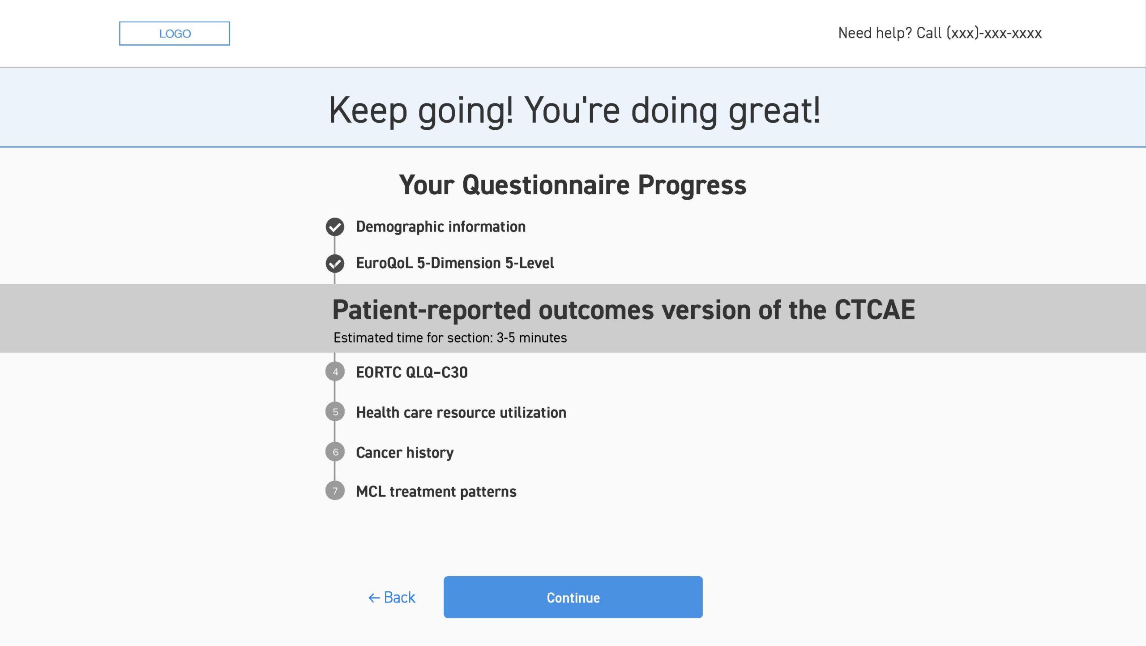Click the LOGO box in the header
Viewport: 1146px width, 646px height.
[x=174, y=34]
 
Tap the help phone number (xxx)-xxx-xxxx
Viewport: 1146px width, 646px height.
[x=994, y=33]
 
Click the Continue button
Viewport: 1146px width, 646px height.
[x=573, y=597]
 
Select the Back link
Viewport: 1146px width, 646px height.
[x=392, y=597]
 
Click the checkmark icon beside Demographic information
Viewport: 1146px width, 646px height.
[x=335, y=227]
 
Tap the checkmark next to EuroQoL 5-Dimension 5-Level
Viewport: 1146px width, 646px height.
[x=335, y=263]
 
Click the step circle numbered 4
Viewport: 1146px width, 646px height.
[x=335, y=372]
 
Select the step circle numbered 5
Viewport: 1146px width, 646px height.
[x=335, y=412]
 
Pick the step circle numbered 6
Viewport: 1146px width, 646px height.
[x=335, y=452]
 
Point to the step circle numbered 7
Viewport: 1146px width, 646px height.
[x=335, y=491]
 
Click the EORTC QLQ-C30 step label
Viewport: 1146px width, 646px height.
[x=412, y=372]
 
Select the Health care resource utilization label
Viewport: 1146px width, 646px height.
[x=461, y=412]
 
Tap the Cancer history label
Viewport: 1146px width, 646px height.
[x=405, y=453]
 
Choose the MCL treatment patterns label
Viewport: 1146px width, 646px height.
[x=436, y=492]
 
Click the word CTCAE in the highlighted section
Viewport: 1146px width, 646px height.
[x=875, y=309]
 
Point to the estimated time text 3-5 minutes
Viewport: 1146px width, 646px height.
[x=531, y=338]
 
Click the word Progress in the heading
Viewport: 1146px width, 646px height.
[x=692, y=185]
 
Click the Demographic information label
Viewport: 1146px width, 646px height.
[x=440, y=227]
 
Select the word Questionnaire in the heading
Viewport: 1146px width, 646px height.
[x=546, y=185]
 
